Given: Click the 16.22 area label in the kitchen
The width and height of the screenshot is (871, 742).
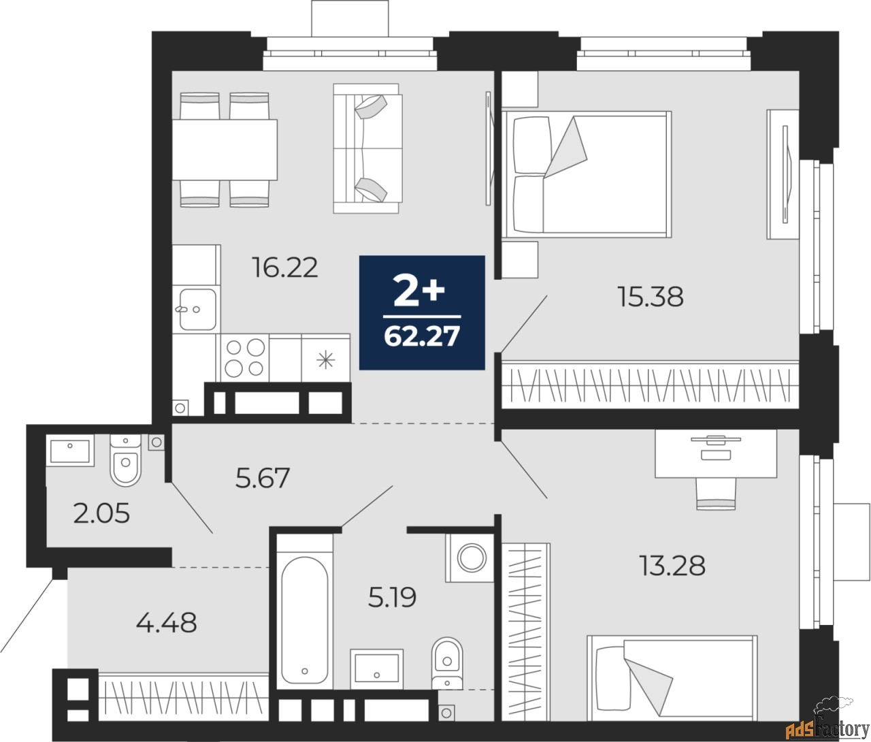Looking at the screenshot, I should (x=285, y=268).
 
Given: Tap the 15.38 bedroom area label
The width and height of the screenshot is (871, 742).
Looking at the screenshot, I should (x=651, y=296).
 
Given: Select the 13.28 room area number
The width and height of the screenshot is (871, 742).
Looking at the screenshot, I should (x=672, y=565).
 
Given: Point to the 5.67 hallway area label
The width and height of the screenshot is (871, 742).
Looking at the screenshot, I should (x=263, y=478).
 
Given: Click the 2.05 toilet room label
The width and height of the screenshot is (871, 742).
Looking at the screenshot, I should (x=101, y=513).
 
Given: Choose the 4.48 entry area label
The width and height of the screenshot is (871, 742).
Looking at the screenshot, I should (x=167, y=622).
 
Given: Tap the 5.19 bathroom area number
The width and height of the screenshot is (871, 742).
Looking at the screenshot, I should (x=392, y=597).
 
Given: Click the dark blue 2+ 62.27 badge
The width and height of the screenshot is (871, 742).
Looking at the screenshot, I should (x=422, y=312).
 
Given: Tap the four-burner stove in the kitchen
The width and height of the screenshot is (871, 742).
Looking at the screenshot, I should (x=245, y=357).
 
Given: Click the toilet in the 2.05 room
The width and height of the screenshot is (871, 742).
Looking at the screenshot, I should (x=126, y=462).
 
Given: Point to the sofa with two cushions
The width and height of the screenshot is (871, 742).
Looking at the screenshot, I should (x=367, y=148).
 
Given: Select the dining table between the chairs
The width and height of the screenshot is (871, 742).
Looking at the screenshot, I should (x=225, y=149).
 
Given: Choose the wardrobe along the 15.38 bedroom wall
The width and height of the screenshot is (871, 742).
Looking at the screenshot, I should (x=650, y=385).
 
